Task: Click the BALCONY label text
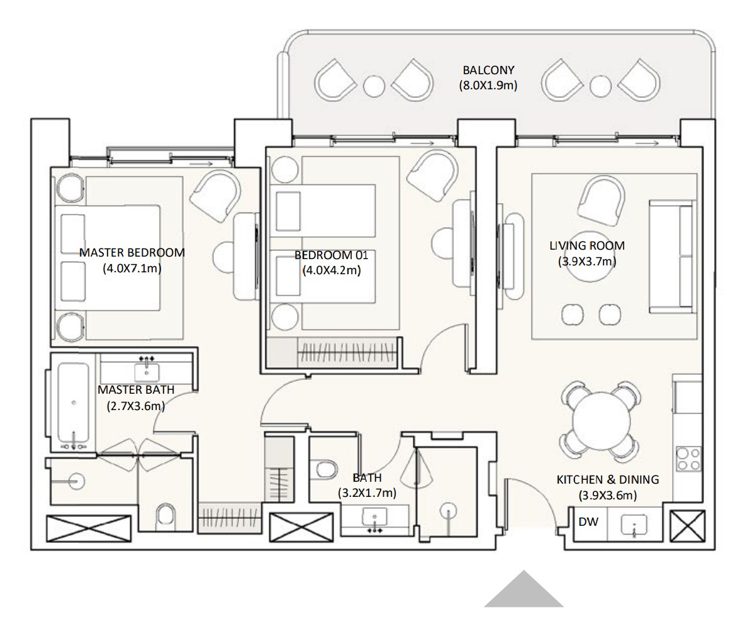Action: pyautogui.click(x=488, y=70)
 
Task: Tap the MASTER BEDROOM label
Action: pyautogui.click(x=132, y=253)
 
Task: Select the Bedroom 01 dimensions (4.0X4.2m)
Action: pyautogui.click(x=332, y=270)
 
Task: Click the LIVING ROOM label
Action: pyautogui.click(x=587, y=245)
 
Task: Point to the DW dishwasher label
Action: pyautogui.click(x=588, y=522)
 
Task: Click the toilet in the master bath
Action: pyautogui.click(x=166, y=517)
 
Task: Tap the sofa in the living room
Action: pyautogui.click(x=671, y=257)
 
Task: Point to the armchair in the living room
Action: pyautogui.click(x=602, y=197)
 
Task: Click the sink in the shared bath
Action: pyautogui.click(x=375, y=516)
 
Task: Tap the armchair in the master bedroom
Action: pyautogui.click(x=215, y=196)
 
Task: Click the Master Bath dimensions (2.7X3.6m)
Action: pyautogui.click(x=136, y=406)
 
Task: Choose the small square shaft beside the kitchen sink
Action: pyautogui.click(x=688, y=526)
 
